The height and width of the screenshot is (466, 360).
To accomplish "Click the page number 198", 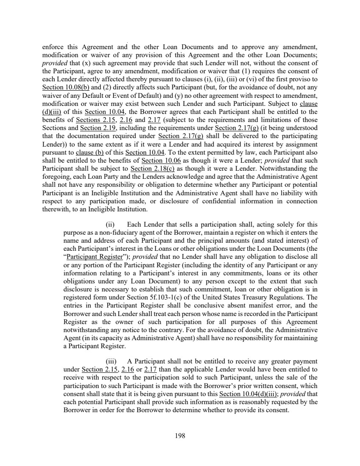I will click(180, 436).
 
